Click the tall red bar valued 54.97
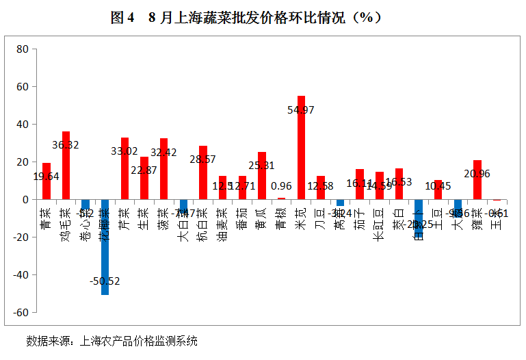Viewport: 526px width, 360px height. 301,148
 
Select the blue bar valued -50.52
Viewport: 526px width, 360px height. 105,247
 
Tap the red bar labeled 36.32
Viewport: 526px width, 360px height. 66,166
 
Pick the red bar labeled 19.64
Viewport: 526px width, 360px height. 47,181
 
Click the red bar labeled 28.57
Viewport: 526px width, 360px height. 203,172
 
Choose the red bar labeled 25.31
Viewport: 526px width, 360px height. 262,176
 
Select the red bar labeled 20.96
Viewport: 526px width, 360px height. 477,180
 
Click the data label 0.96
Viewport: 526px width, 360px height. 282,185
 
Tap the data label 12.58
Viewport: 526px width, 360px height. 321,185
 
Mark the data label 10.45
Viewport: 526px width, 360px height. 438,185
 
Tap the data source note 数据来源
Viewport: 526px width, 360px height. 112,340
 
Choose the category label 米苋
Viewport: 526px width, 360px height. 301,213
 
